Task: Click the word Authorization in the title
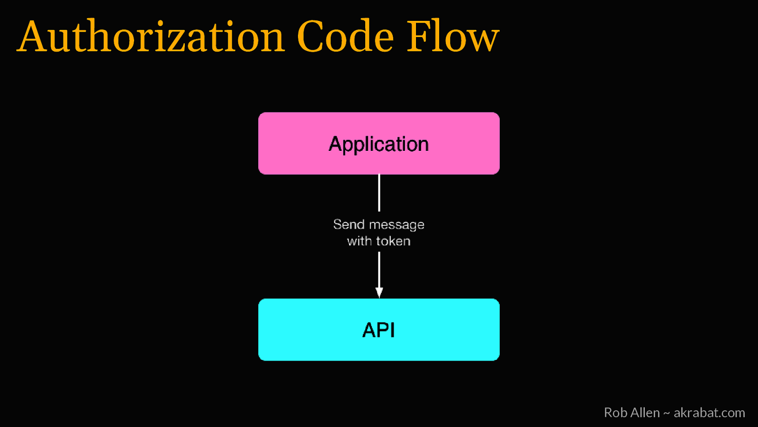pyautogui.click(x=151, y=37)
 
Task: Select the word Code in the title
pyautogui.click(x=345, y=37)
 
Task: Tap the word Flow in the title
pyautogui.click(x=453, y=37)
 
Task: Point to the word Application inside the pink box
pyautogui.click(x=379, y=144)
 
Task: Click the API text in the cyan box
pyautogui.click(x=379, y=330)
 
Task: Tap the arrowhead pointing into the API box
pyautogui.click(x=379, y=292)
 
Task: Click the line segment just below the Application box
pyautogui.click(x=379, y=193)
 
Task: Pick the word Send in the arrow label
pyautogui.click(x=349, y=224)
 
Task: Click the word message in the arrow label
pyautogui.click(x=397, y=225)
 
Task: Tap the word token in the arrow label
pyautogui.click(x=393, y=241)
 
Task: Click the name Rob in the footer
pyautogui.click(x=615, y=413)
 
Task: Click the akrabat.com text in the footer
pyautogui.click(x=709, y=413)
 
